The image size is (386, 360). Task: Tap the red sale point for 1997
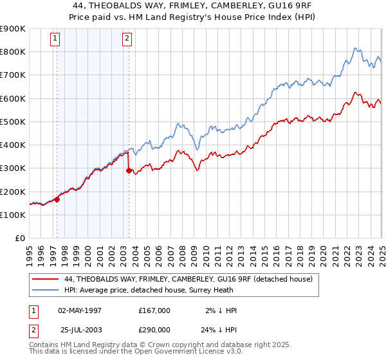(57, 199)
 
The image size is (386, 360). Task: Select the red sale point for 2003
(129, 171)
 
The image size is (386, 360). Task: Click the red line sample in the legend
(45, 279)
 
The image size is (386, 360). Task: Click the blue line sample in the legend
(45, 289)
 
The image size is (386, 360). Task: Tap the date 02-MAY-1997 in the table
(80, 310)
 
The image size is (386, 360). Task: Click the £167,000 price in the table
(154, 310)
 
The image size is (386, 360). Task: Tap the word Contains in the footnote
(44, 345)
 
